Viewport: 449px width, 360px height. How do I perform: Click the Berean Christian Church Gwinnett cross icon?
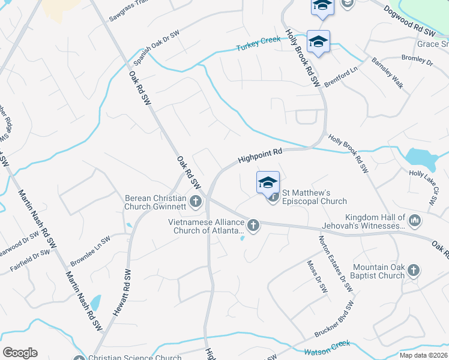pos(196,201)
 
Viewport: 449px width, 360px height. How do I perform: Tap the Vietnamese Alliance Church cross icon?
pos(253,226)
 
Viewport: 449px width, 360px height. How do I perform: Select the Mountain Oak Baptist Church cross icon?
pos(412,271)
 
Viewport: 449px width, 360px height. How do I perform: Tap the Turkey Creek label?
pos(258,44)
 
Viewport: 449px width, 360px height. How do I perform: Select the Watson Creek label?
pos(327,347)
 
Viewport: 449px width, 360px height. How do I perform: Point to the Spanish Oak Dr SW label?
pos(157,47)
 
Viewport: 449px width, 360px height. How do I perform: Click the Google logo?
pos(20,352)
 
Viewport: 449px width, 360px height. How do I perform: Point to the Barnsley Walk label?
pos(387,73)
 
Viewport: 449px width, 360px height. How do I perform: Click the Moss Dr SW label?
pos(317,277)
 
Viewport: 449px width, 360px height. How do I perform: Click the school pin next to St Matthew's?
pos(268,182)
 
